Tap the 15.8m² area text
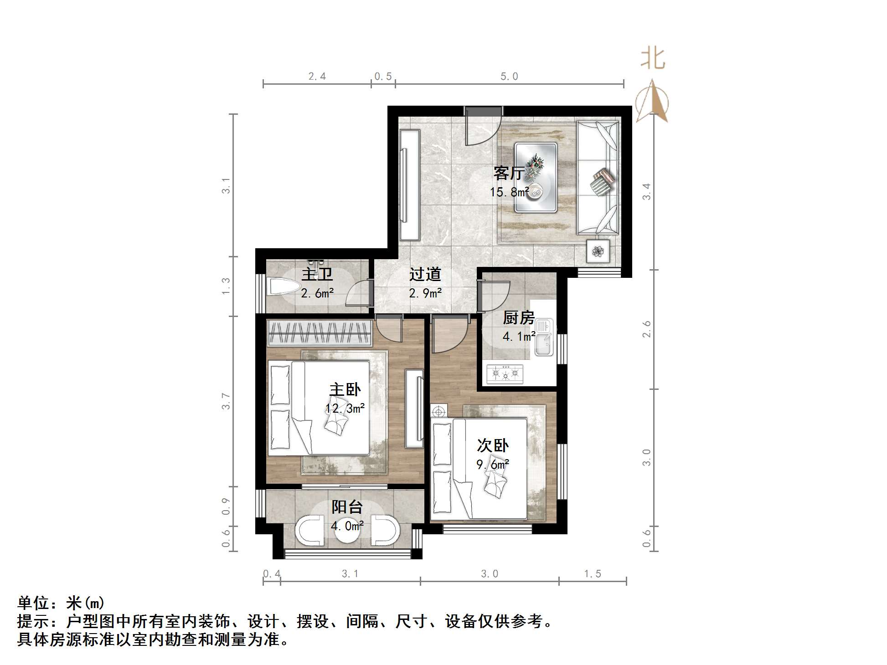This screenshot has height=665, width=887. tap(509, 192)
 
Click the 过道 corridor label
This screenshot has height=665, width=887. tap(425, 274)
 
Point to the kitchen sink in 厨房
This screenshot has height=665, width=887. tap(543, 338)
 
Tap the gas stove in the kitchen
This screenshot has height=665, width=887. tap(505, 374)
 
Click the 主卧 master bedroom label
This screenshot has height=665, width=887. tap(345, 390)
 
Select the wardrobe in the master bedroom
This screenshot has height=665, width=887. tap(319, 332)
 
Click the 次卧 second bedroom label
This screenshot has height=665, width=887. tap(492, 445)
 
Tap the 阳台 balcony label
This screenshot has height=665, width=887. tap(347, 507)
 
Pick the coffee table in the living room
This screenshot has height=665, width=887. tap(536, 178)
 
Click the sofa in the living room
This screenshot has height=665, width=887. tap(598, 178)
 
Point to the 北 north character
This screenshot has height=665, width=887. tap(652, 59)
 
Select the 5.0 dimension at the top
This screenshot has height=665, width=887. tap(509, 77)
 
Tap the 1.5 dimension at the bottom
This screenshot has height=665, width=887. tap(593, 574)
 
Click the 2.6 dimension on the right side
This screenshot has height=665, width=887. tap(646, 329)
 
